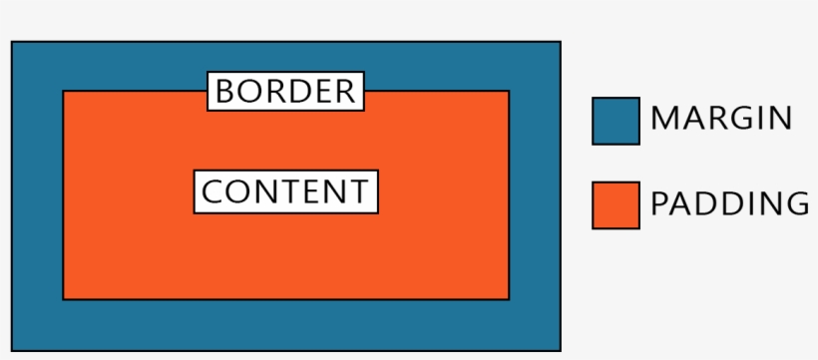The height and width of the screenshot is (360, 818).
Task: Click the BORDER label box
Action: tap(285, 92)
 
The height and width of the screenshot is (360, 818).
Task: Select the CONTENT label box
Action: tap(285, 191)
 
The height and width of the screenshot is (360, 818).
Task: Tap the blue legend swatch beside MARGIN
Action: tap(615, 121)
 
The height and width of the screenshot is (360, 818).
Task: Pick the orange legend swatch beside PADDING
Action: tap(615, 204)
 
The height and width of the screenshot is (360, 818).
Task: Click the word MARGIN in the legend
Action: tap(721, 119)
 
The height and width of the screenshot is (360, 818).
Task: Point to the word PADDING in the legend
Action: tap(729, 203)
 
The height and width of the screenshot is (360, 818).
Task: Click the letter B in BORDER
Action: tap(224, 92)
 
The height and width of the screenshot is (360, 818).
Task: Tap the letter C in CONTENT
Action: tap(211, 191)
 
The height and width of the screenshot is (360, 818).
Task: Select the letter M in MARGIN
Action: tap(664, 119)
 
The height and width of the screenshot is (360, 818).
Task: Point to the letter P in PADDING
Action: tap(658, 203)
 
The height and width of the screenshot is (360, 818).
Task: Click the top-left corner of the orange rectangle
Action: tap(64, 92)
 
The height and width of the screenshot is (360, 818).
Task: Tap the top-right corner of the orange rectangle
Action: tap(509, 92)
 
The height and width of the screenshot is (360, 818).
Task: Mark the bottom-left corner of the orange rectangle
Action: tap(64, 298)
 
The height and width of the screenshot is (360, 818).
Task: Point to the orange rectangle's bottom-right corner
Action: tap(509, 298)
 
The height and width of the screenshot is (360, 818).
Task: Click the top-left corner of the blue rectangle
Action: tap(12, 42)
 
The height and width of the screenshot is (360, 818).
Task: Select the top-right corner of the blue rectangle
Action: tap(560, 42)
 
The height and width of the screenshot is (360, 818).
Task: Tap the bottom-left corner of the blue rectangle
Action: tap(12, 349)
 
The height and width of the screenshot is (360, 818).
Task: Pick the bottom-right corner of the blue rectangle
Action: tap(560, 349)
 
